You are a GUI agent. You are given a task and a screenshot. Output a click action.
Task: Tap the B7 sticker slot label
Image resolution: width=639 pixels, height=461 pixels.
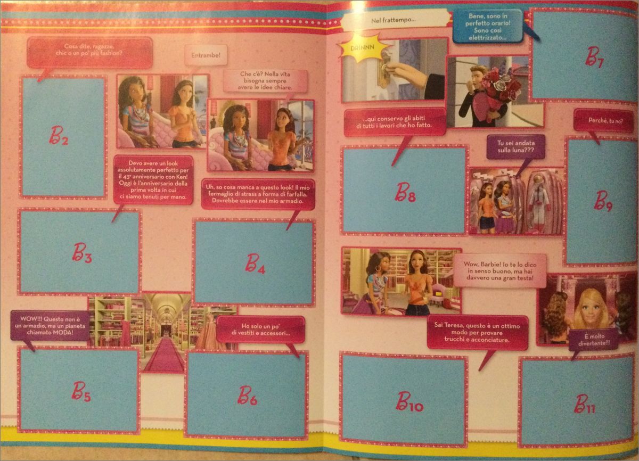(x=594, y=57)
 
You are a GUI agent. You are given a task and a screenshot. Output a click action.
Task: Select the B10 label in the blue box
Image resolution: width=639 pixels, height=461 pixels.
(x=409, y=401)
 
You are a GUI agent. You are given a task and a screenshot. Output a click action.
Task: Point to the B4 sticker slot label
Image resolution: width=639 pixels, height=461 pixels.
(x=255, y=264)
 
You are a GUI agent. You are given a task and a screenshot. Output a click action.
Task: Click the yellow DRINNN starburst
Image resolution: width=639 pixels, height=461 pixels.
(x=363, y=47)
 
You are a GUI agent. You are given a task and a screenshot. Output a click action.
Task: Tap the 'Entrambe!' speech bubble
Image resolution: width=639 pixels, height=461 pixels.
(x=206, y=55)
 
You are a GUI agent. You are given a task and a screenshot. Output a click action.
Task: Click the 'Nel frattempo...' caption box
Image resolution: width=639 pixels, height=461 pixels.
(x=394, y=20)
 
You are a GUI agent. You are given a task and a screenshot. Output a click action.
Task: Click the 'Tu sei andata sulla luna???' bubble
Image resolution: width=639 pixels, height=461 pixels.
(x=516, y=146)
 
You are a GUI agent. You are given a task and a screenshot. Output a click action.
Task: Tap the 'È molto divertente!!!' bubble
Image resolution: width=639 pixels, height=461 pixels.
(x=593, y=340)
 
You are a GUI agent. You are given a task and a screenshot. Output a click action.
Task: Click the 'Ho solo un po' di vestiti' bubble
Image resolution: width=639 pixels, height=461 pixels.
(x=260, y=330)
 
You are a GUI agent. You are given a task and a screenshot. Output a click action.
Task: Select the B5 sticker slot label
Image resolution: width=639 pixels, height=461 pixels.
(x=81, y=391)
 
